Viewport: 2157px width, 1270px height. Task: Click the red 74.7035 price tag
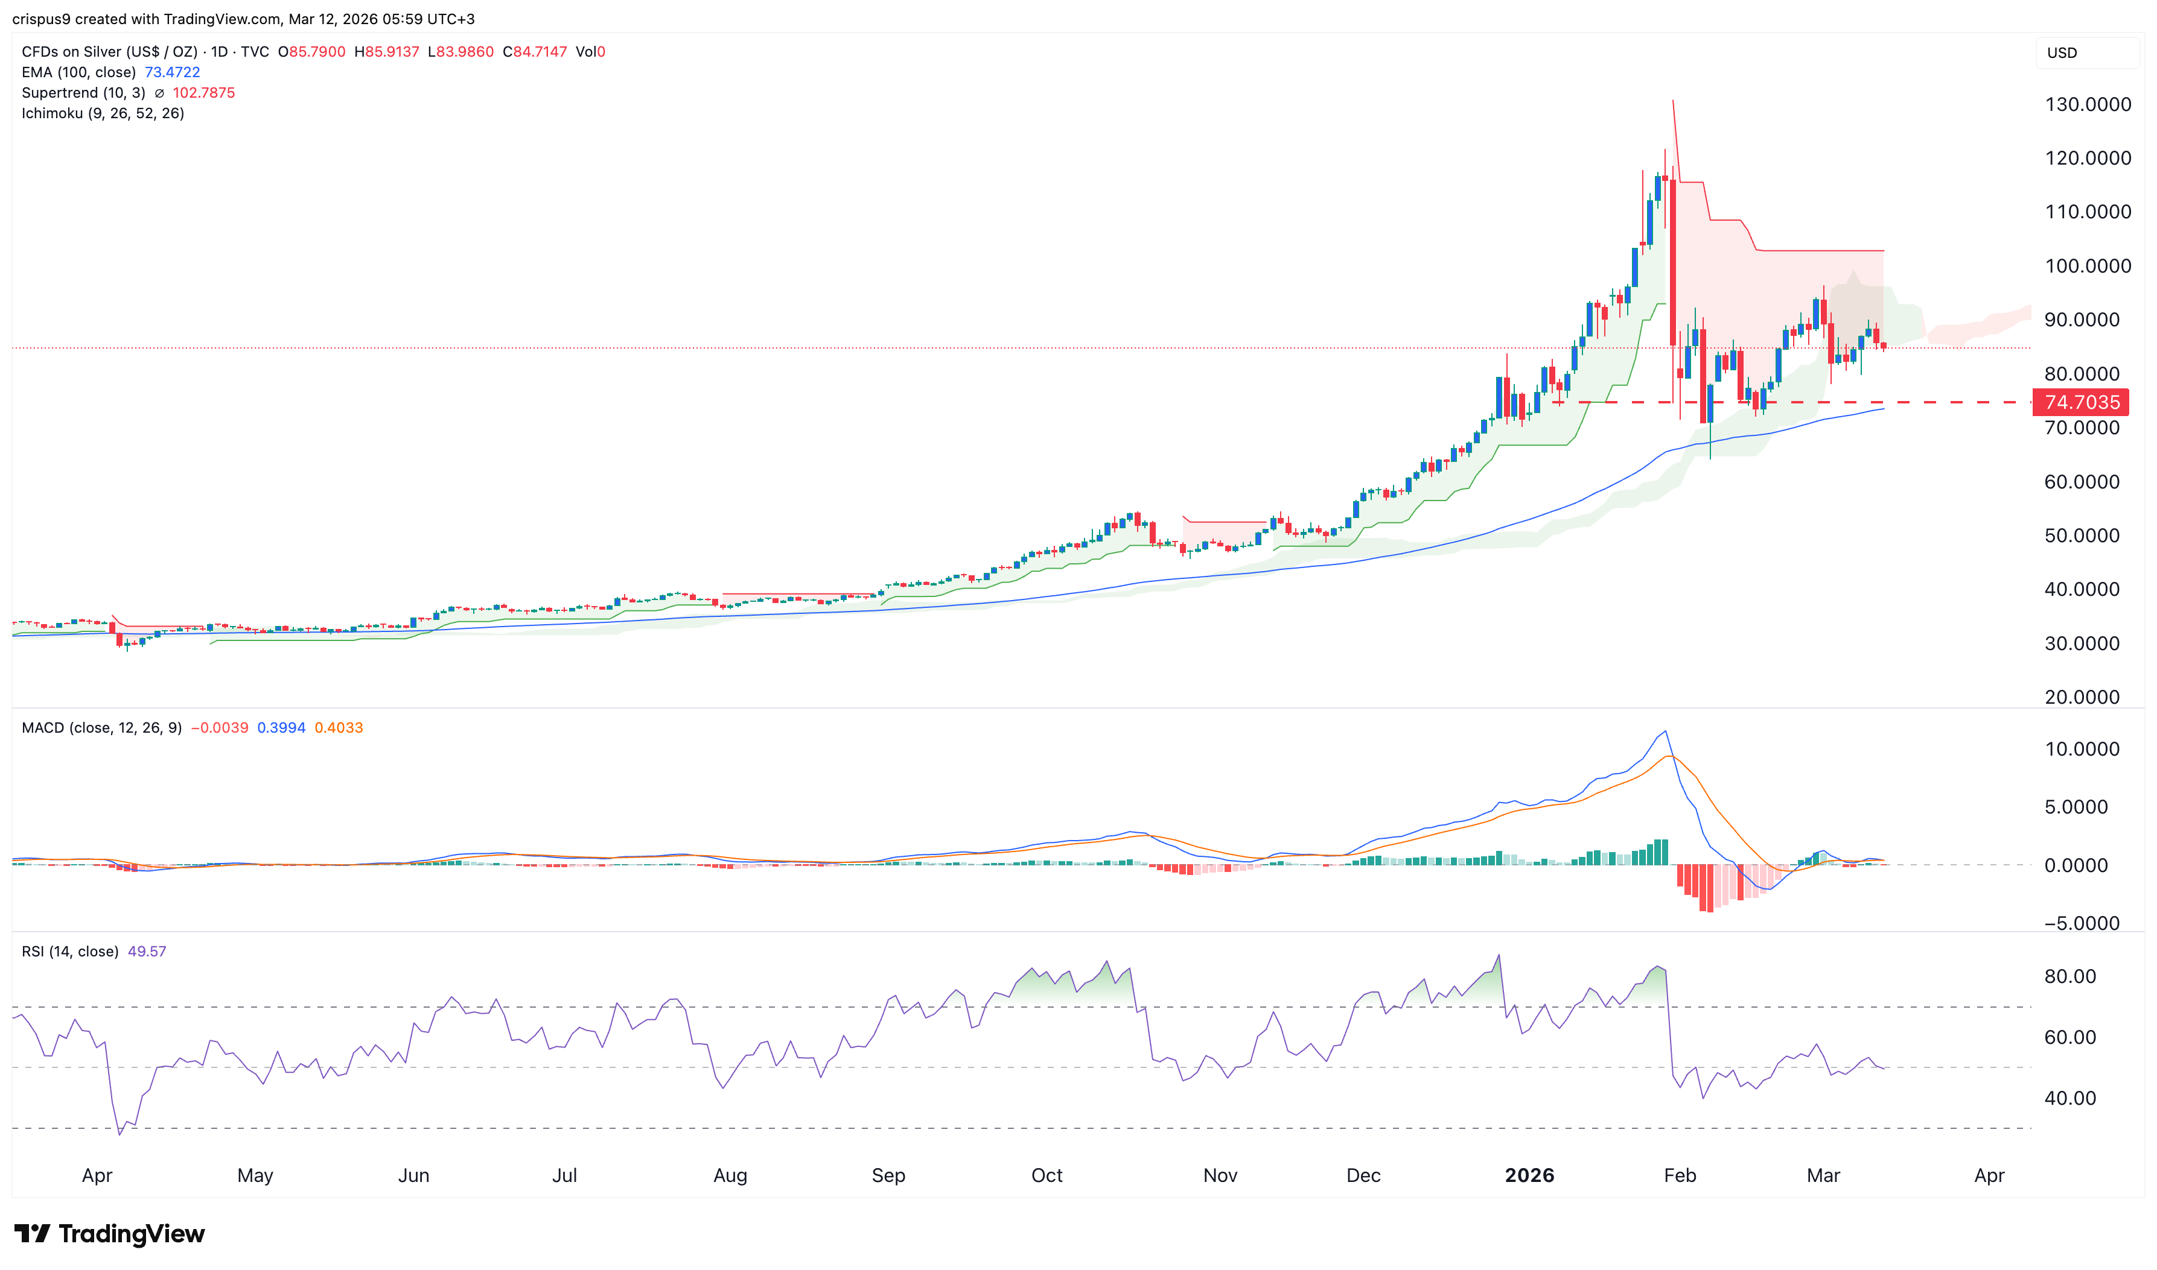[x=2081, y=402]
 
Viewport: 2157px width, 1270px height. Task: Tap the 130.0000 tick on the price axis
[x=2088, y=104]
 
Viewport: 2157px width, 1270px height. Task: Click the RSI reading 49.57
[x=147, y=952]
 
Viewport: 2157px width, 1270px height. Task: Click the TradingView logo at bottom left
[x=110, y=1233]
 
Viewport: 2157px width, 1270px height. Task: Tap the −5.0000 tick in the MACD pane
[x=2082, y=923]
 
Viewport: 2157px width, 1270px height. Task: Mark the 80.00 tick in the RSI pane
[x=2069, y=976]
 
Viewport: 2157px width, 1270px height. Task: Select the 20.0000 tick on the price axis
[x=2082, y=698]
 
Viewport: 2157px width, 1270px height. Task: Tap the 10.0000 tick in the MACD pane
[x=2082, y=750]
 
